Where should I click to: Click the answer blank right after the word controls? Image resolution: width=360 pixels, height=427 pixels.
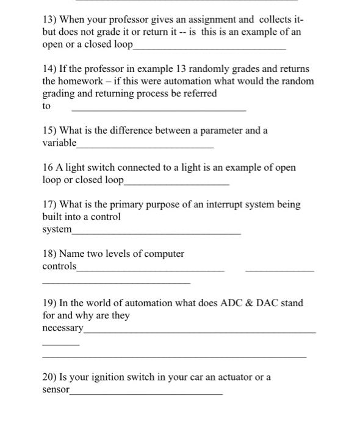click(x=151, y=269)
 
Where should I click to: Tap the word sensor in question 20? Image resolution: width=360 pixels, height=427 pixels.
click(x=56, y=389)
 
